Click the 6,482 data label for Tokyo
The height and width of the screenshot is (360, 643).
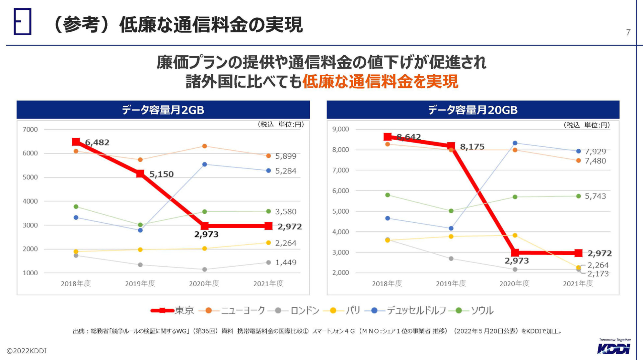tap(97, 142)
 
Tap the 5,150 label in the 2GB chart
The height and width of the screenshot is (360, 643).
tap(161, 174)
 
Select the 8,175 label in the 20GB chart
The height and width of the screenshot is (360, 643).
tap(472, 147)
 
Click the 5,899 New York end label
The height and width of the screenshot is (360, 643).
tap(286, 156)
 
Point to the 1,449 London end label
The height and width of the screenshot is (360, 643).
tap(286, 263)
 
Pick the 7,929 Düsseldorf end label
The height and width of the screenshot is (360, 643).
tap(595, 151)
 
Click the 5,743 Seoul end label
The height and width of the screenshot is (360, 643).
tap(595, 196)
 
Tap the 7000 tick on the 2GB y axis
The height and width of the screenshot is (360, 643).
tap(30, 130)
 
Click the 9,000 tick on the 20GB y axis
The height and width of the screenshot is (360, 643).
tap(340, 129)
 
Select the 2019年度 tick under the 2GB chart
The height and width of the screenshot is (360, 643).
tap(140, 284)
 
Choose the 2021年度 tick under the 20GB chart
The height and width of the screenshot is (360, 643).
tap(578, 284)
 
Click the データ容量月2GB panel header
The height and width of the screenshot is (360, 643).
tap(163, 110)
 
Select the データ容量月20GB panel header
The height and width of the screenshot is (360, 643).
tap(473, 110)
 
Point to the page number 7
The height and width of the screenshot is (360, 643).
tap(628, 32)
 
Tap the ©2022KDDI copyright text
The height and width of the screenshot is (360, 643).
tap(27, 351)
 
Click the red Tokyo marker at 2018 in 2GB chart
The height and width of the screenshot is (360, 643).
tap(76, 142)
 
